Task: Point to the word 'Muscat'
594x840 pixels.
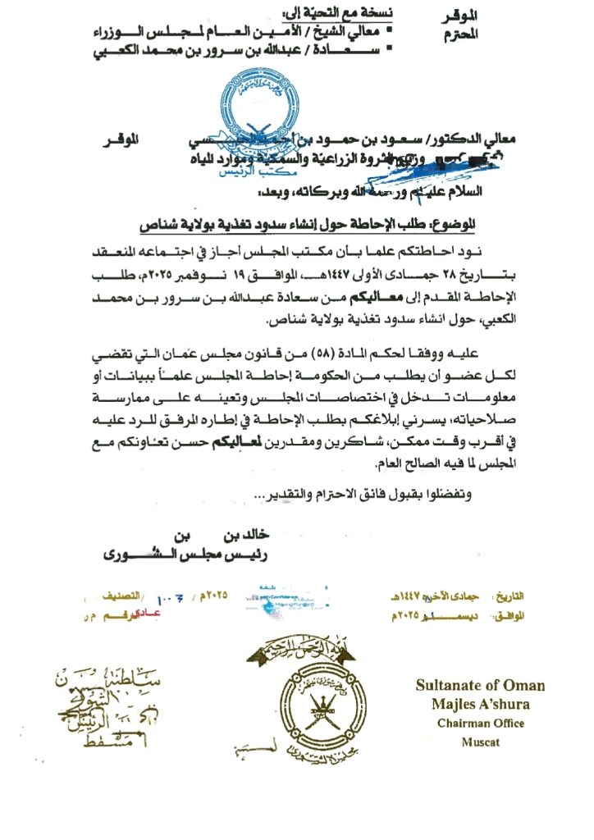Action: tap(480, 742)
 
